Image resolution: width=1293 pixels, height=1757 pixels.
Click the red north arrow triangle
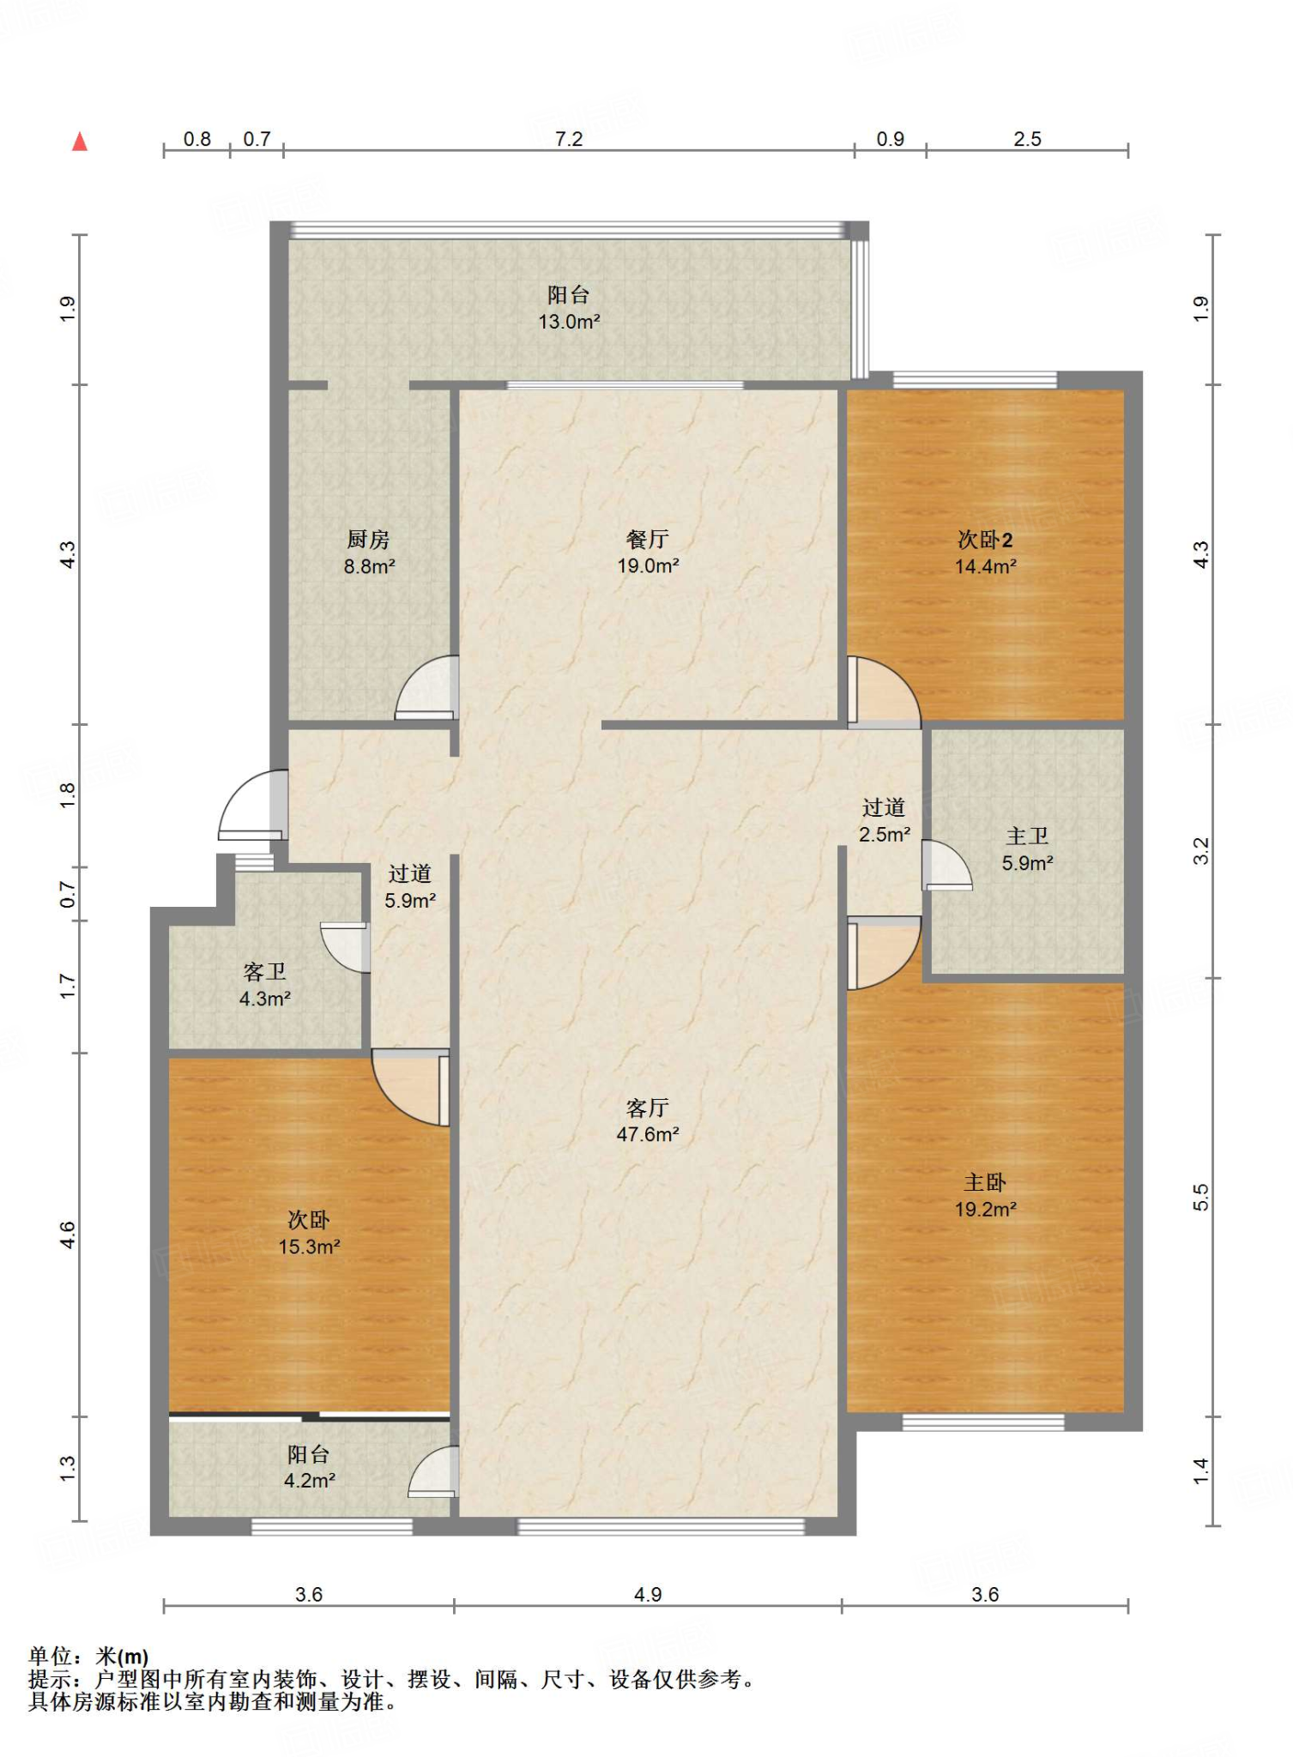[x=80, y=142]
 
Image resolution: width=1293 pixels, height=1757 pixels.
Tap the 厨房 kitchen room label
[x=369, y=540]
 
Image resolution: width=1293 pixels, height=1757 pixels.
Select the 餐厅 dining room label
[x=648, y=539]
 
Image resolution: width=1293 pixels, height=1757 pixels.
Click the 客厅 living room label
[x=648, y=1108]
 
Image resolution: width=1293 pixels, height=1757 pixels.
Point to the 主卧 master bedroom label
[x=985, y=1182]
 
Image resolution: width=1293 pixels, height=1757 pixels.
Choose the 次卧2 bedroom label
[x=985, y=540]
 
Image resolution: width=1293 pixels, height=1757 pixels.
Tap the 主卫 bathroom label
[x=1027, y=836]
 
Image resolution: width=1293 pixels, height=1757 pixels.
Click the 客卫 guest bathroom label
[x=264, y=972]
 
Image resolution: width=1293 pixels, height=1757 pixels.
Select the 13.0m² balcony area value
[x=569, y=322]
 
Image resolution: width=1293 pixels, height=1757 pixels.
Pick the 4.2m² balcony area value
[x=309, y=1480]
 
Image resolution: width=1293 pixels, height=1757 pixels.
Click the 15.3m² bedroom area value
[x=309, y=1247]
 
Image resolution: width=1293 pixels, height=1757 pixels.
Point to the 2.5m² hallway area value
[x=885, y=834]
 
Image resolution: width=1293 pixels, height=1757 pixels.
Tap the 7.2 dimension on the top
[x=569, y=139]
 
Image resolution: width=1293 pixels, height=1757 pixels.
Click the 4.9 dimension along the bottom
[x=648, y=1594]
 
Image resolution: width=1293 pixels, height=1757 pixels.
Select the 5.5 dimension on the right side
[x=1201, y=1197]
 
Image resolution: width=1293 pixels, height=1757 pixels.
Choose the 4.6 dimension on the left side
[x=68, y=1235]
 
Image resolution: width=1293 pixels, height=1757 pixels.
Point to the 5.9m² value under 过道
[x=410, y=901]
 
